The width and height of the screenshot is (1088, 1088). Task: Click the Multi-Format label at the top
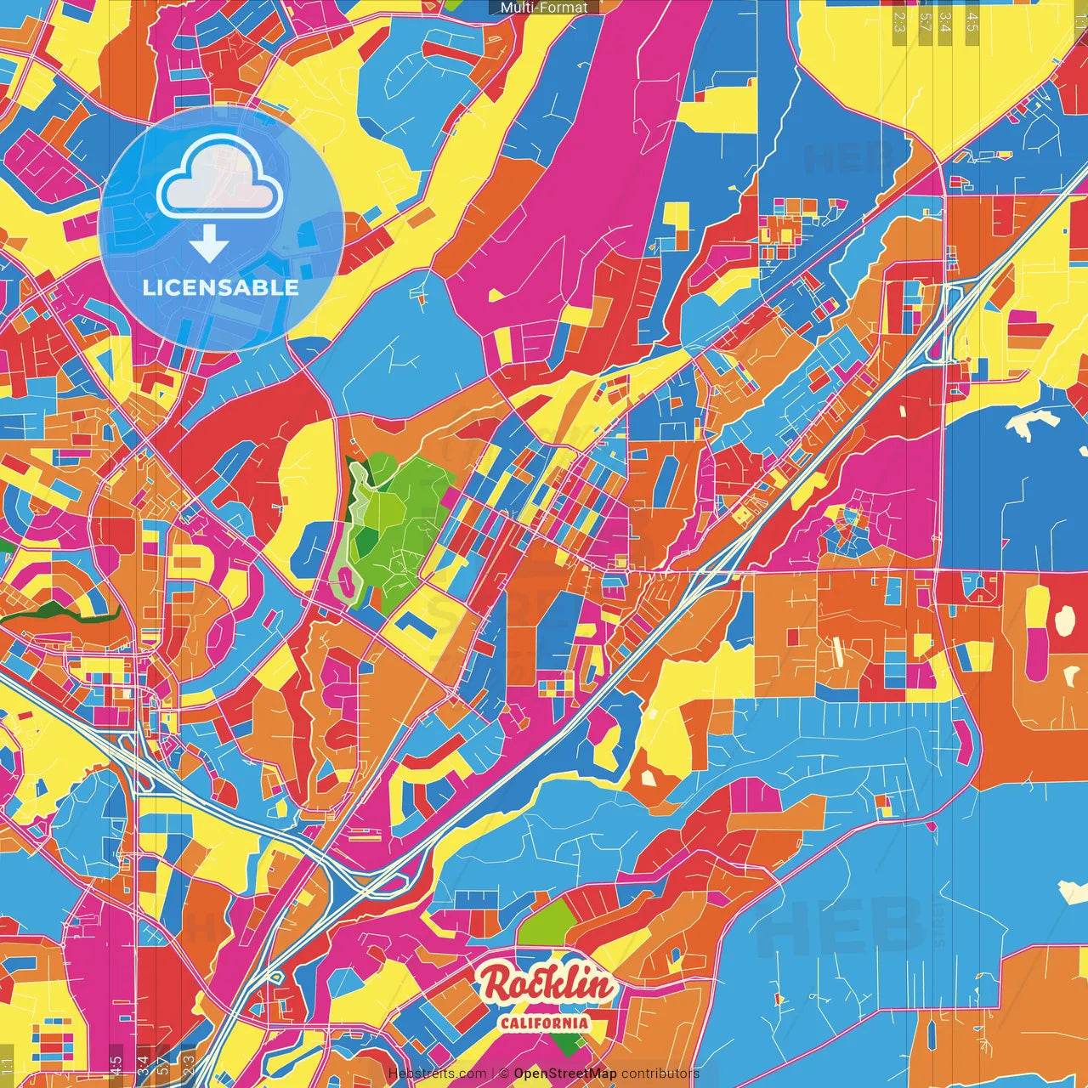click(544, 8)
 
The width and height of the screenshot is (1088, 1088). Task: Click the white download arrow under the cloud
click(208, 246)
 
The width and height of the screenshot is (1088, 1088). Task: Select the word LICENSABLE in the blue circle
click(221, 287)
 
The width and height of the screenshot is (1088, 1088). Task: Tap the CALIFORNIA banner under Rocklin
click(545, 1022)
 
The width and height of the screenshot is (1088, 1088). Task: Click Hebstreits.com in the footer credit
click(437, 1074)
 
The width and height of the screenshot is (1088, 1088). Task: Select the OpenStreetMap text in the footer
click(565, 1074)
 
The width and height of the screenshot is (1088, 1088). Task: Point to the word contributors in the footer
click(660, 1074)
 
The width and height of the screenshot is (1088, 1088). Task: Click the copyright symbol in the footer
click(504, 1074)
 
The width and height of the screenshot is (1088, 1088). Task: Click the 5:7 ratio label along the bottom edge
click(162, 1065)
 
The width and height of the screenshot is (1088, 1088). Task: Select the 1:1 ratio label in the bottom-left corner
click(8, 1067)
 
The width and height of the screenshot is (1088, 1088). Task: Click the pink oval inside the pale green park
click(347, 583)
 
